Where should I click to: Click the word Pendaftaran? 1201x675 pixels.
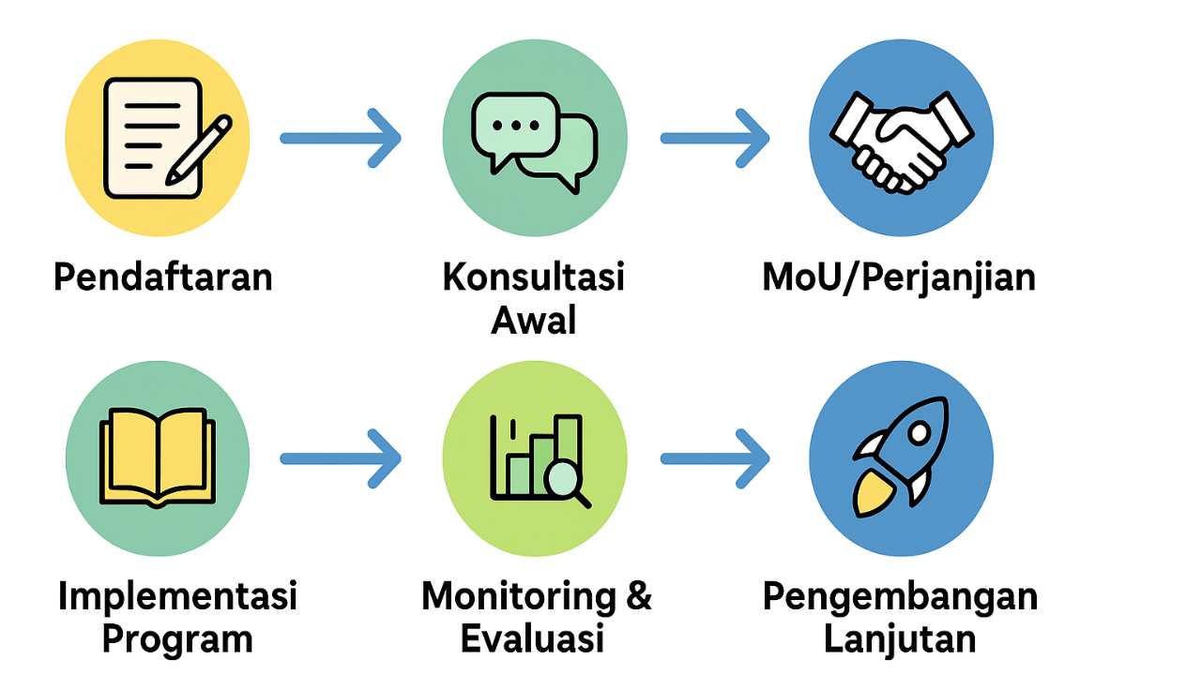pyautogui.click(x=163, y=277)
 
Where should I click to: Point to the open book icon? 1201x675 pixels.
pyautogui.click(x=158, y=458)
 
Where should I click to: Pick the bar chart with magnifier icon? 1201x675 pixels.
pyautogui.click(x=536, y=459)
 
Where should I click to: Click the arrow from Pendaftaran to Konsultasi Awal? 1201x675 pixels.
pyautogui.click(x=341, y=139)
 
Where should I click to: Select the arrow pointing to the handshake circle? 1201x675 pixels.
pyautogui.click(x=715, y=139)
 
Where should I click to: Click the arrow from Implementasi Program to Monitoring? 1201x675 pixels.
pyautogui.click(x=341, y=458)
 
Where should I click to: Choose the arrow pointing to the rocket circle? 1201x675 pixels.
pyautogui.click(x=715, y=458)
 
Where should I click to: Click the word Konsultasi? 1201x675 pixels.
pyautogui.click(x=533, y=277)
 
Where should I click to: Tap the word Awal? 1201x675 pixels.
pyautogui.click(x=533, y=321)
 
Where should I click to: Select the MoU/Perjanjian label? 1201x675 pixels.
pyautogui.click(x=899, y=278)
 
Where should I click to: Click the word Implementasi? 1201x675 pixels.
pyautogui.click(x=177, y=596)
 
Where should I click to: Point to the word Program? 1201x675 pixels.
pyautogui.click(x=177, y=639)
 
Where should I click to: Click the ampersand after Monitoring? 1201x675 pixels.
pyautogui.click(x=638, y=596)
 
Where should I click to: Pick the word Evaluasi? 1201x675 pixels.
pyautogui.click(x=532, y=639)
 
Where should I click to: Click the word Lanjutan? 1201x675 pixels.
pyautogui.click(x=900, y=639)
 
